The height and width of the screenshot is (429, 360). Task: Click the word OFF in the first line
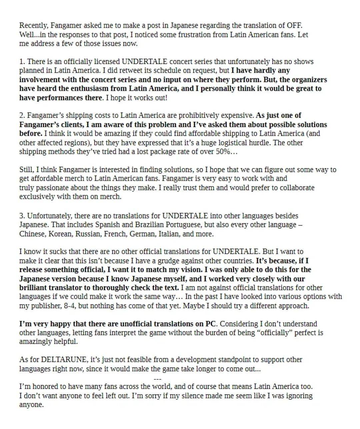click(294, 25)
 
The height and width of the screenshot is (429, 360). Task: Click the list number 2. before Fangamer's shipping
click(22, 116)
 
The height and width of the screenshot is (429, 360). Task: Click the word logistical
click(253, 143)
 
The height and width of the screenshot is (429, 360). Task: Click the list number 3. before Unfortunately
click(22, 216)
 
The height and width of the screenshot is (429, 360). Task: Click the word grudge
click(171, 261)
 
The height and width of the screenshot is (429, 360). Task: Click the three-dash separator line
click(158, 379)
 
